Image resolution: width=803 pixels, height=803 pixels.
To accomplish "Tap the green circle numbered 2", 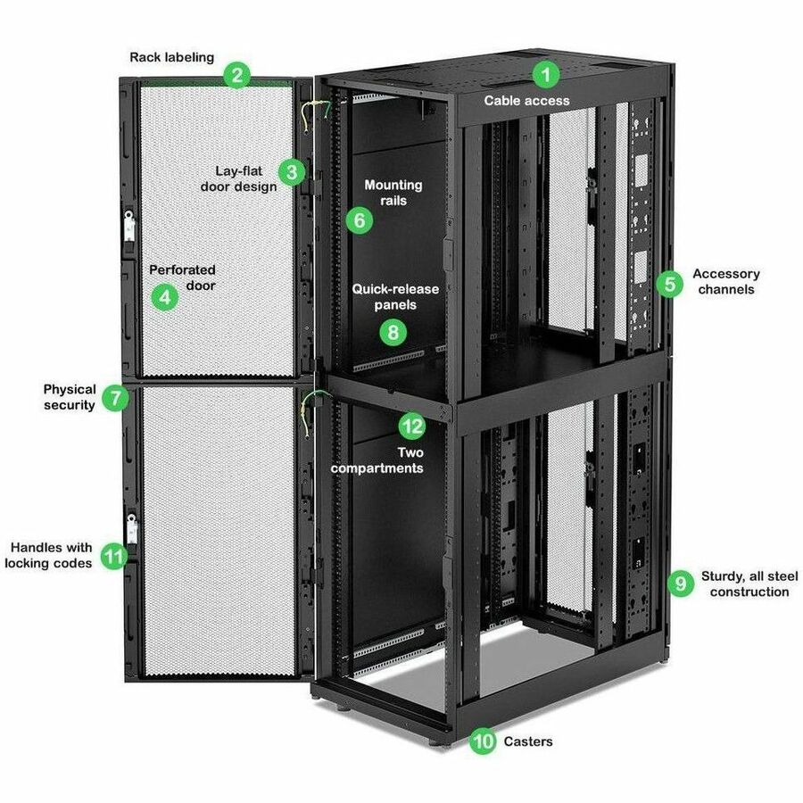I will pyautogui.click(x=236, y=74).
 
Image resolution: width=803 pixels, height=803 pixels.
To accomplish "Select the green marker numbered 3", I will pyautogui.click(x=292, y=170).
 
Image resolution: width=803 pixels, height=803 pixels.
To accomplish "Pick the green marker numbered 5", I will pyautogui.click(x=669, y=284).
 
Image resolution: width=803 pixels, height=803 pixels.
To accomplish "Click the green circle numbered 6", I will pyautogui.click(x=359, y=220).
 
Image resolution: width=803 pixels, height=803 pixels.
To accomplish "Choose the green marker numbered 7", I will pyautogui.click(x=115, y=397).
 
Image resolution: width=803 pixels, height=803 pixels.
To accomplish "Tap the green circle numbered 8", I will pyautogui.click(x=393, y=332).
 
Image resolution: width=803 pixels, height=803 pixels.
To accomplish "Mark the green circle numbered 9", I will pyautogui.click(x=681, y=584).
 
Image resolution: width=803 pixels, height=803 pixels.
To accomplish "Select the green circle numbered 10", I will pyautogui.click(x=483, y=741).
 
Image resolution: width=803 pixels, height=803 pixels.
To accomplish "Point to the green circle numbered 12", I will pyautogui.click(x=411, y=426).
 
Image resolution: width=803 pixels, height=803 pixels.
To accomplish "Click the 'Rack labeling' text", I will pyautogui.click(x=172, y=57).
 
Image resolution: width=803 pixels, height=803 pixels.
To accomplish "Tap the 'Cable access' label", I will pyautogui.click(x=526, y=101).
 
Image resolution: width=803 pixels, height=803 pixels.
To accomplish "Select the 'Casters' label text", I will pyautogui.click(x=528, y=741).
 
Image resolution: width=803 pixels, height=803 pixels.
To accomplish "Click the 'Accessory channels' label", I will pyautogui.click(x=725, y=282).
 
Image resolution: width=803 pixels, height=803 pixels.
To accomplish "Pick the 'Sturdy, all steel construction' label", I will pyautogui.click(x=749, y=584).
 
